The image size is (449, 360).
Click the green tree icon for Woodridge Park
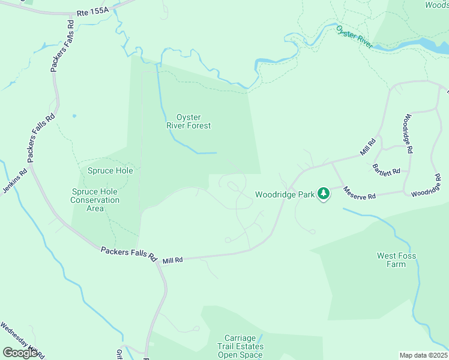[324, 194]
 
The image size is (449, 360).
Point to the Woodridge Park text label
[285, 194]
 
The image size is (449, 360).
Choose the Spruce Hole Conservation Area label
[95, 200]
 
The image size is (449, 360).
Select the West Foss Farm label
[396, 260]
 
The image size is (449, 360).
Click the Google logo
[20, 353]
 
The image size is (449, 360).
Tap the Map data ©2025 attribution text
[423, 355]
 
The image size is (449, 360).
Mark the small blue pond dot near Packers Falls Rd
[74, 116]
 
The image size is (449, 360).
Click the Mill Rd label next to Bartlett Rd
[368, 148]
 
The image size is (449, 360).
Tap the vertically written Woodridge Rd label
[408, 134]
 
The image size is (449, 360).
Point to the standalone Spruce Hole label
[110, 170]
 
